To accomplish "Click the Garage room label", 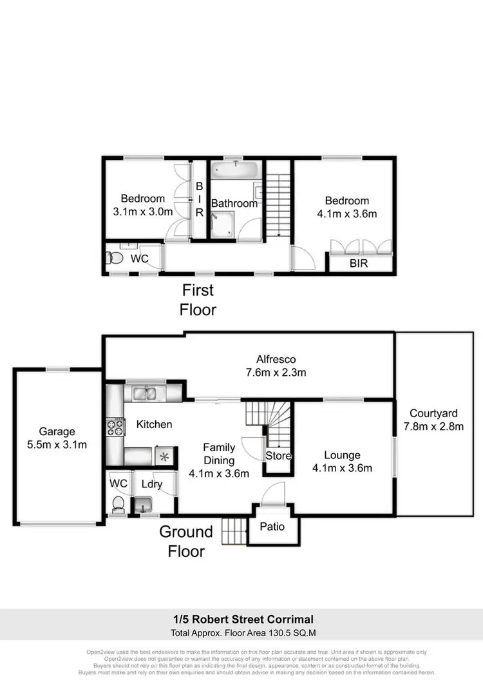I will [x=57, y=431].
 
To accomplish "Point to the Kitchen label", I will [x=154, y=424].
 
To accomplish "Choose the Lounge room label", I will [x=343, y=455].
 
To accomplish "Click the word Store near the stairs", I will [x=279, y=456].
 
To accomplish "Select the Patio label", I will [x=272, y=527].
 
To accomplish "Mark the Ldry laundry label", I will [x=151, y=484].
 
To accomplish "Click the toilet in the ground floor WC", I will [x=118, y=503].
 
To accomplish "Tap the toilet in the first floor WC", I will [x=115, y=258].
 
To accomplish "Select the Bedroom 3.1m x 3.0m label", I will [x=143, y=204].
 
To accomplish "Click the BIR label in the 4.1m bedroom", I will [x=359, y=264].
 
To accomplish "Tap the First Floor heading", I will [x=198, y=300].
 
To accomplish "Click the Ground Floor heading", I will [x=186, y=542].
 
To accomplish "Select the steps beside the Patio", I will [x=234, y=531].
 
